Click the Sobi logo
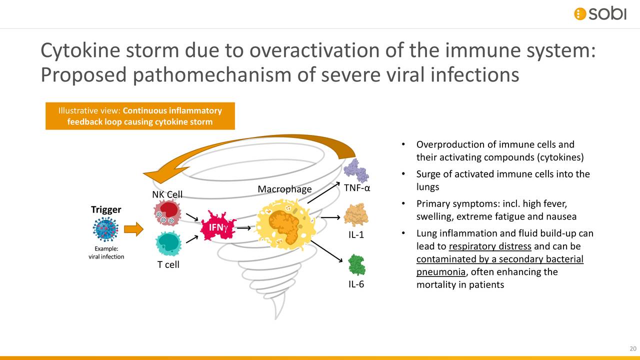[599, 13]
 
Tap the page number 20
[632, 348]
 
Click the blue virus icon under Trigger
[105, 229]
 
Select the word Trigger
[106, 209]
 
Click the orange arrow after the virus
[133, 229]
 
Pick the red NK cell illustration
[167, 213]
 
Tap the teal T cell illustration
[168, 243]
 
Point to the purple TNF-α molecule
[356, 170]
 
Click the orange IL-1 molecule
[356, 214]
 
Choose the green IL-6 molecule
[356, 264]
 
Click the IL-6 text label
[356, 284]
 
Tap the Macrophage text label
[284, 189]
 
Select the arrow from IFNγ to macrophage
[243, 228]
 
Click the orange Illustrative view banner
[140, 116]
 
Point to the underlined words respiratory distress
[489, 246]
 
